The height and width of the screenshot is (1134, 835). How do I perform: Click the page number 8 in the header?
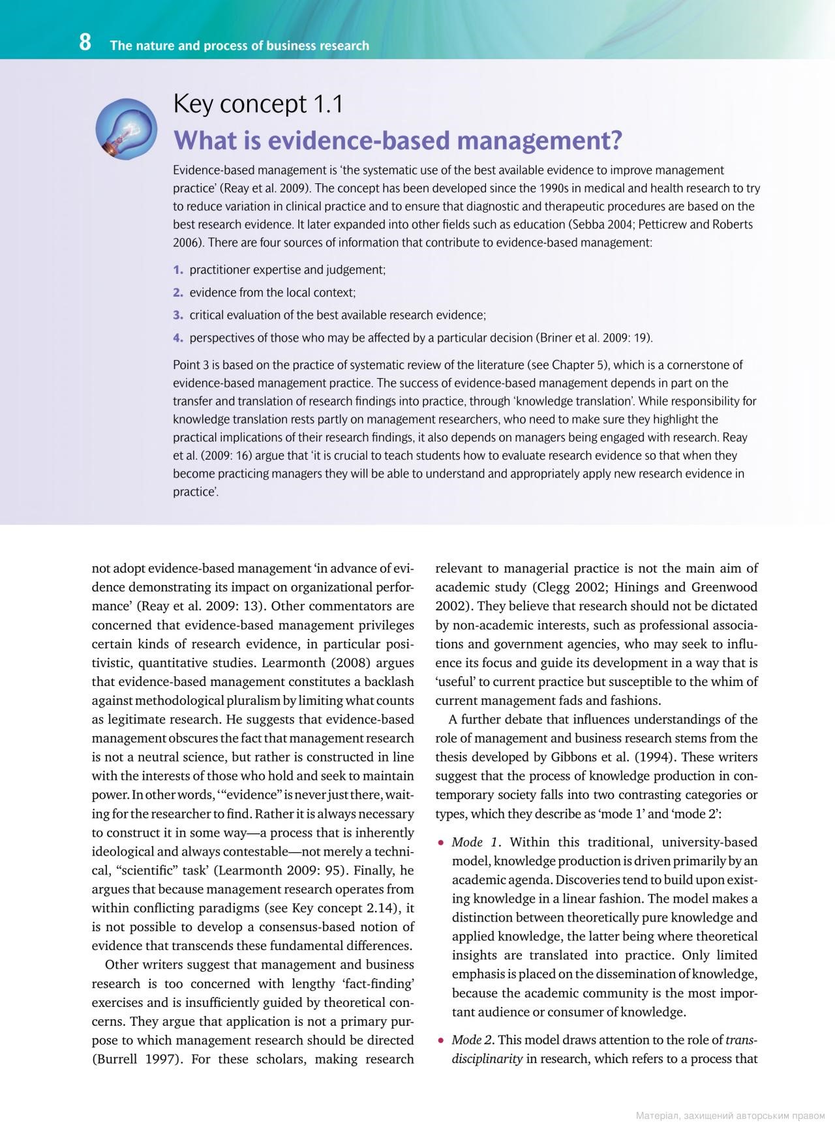[x=85, y=43]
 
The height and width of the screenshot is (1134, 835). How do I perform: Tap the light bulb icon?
[x=125, y=128]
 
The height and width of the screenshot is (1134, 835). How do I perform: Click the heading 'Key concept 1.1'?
[x=258, y=104]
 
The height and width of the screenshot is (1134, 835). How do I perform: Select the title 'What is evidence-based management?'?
[x=397, y=140]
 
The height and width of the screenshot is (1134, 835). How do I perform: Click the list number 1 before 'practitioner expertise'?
[x=177, y=270]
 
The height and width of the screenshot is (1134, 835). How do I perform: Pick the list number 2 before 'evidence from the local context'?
[x=177, y=293]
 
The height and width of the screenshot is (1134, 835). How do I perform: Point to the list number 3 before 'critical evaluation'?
[x=177, y=316]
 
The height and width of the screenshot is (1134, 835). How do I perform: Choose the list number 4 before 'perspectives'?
[x=177, y=338]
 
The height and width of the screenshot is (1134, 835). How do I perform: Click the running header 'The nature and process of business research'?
[x=239, y=46]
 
